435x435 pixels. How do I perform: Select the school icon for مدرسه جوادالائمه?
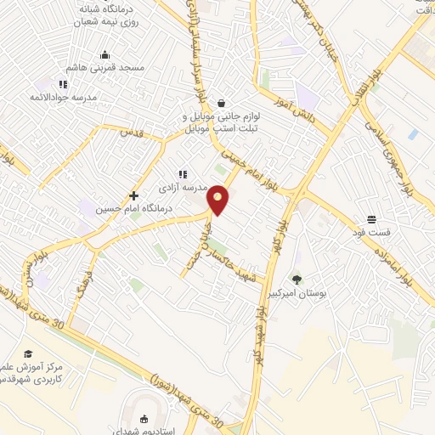tap(63, 84)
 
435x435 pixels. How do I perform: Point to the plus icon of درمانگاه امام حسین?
tap(134, 195)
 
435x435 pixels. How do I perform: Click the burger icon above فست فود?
tap(371, 219)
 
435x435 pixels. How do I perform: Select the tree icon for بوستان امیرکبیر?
tap(297, 280)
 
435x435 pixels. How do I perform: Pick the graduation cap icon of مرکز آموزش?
tap(28, 353)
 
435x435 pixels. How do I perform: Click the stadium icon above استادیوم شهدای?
tap(143, 416)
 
